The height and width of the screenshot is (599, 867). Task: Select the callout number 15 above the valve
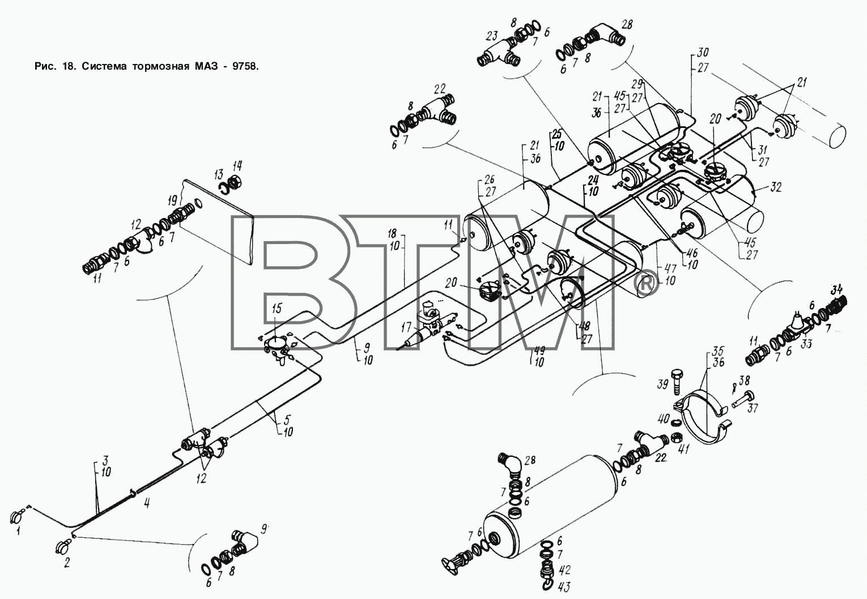tap(277, 309)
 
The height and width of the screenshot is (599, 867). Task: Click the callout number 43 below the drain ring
tap(564, 587)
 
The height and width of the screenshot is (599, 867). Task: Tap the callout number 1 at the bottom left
tap(18, 532)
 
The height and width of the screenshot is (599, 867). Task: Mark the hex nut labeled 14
tap(235, 181)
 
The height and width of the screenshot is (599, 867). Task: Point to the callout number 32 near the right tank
tap(776, 187)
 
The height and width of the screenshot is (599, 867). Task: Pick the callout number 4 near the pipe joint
tap(147, 503)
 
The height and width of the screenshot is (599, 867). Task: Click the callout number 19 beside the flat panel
tap(173, 200)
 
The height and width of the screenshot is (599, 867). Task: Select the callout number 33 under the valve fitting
tap(806, 343)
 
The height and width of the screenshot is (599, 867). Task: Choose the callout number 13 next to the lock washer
tap(219, 174)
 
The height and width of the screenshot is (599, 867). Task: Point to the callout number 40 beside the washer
tap(664, 418)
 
